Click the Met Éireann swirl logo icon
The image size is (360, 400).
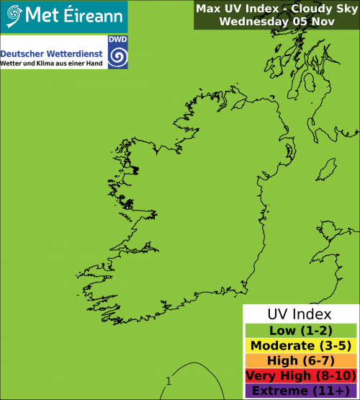click(13, 14)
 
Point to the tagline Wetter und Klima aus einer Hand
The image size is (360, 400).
click(52, 65)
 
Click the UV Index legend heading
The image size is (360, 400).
click(300, 315)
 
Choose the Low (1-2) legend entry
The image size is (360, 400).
click(300, 331)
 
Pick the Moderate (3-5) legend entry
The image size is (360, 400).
click(300, 346)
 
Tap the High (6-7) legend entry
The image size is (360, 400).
click(300, 361)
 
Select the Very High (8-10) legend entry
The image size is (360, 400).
click(300, 376)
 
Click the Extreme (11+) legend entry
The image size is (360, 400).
click(300, 391)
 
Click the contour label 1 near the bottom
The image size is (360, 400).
click(168, 381)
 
